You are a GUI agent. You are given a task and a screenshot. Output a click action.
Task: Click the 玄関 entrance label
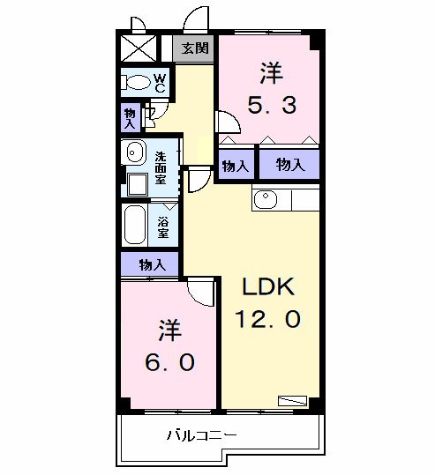point(196,48)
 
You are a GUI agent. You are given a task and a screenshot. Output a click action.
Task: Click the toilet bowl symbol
point(138,84)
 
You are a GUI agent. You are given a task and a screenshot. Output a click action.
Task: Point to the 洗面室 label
point(161,167)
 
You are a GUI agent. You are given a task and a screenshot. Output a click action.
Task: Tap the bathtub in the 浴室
point(135,225)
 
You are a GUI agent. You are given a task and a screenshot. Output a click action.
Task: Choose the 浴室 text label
point(163,226)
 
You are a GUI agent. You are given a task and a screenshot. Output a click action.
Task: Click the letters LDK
point(268,287)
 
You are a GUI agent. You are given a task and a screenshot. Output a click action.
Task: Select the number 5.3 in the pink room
point(270,106)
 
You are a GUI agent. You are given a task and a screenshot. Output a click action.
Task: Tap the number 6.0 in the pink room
point(171,361)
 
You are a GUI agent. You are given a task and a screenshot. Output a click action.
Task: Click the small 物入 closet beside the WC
point(131,117)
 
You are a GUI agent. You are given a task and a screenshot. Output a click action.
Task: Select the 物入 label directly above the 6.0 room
point(151,264)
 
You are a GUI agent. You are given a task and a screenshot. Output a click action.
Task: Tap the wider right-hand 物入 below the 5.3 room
point(289,164)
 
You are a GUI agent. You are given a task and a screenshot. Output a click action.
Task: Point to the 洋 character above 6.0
point(170,330)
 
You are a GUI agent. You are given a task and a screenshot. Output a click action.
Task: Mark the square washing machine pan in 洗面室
point(137,184)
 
